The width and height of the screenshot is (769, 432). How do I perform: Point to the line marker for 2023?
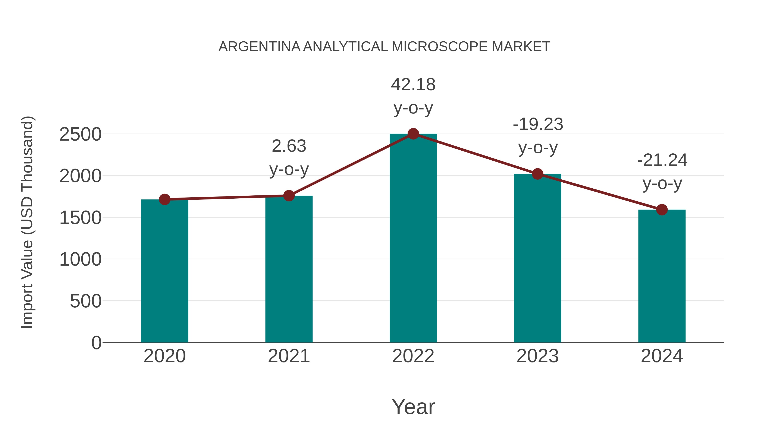tap(537, 174)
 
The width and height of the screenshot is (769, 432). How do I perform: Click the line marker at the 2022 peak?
tap(413, 134)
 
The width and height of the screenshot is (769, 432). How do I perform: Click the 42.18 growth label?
tap(413, 85)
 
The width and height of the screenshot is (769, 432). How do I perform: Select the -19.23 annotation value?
tap(538, 124)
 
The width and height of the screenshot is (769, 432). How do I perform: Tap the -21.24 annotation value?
tap(662, 160)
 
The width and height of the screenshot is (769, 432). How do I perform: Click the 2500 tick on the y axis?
tap(81, 134)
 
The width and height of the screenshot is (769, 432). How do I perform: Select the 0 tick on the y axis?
tap(96, 343)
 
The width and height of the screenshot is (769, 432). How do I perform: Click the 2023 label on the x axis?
tap(537, 356)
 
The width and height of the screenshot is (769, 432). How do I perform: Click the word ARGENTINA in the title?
tap(259, 47)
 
